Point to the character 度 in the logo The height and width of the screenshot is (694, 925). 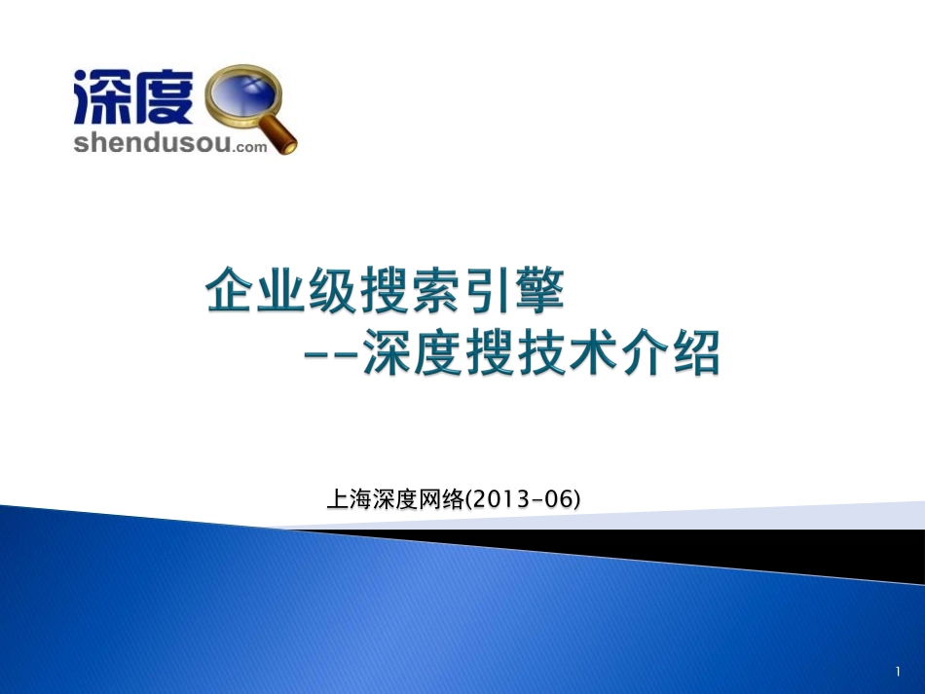[166, 96]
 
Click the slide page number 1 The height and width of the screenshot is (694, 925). [898, 672]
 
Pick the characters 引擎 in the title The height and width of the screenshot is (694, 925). [516, 292]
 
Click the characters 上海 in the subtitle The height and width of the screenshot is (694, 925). [349, 500]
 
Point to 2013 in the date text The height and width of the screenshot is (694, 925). [499, 500]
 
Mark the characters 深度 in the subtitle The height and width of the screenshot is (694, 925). [394, 500]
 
